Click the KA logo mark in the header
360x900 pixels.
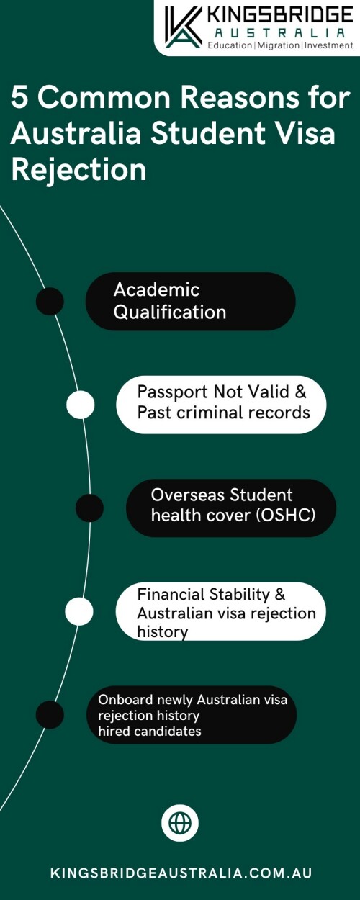tap(183, 27)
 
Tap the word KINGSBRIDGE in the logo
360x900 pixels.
tap(280, 16)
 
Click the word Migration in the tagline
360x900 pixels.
tap(279, 45)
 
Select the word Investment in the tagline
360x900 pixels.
tap(328, 45)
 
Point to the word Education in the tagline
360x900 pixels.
tap(230, 45)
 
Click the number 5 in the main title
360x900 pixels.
tap(19, 98)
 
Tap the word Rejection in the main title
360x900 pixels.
tap(78, 169)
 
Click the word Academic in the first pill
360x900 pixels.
tap(156, 289)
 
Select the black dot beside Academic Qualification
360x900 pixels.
tap(50, 302)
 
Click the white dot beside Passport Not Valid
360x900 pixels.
tap(81, 405)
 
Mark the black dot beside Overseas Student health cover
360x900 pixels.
tap(89, 508)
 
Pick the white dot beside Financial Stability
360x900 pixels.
tap(79, 611)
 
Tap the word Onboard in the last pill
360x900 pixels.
tap(125, 700)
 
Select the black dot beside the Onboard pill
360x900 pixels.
tap(50, 715)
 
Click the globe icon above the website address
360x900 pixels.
tap(180, 823)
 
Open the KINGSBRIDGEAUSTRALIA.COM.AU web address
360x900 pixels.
tap(181, 873)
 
